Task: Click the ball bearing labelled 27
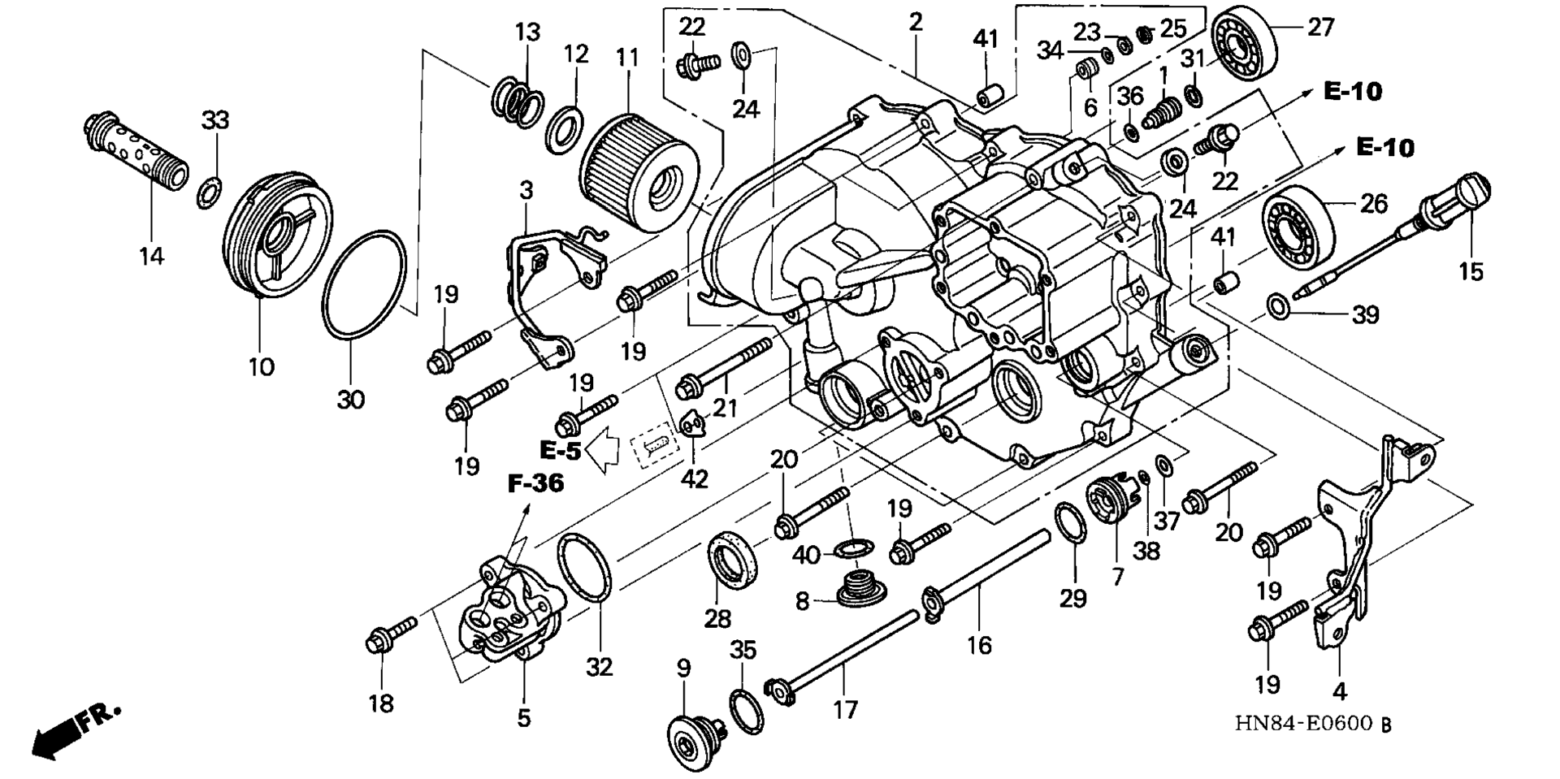(1245, 43)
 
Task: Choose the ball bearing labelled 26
(1297, 225)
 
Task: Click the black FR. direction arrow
(75, 734)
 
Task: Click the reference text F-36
(535, 484)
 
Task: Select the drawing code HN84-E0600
(1304, 722)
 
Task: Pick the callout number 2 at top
(916, 23)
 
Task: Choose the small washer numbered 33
(208, 195)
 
